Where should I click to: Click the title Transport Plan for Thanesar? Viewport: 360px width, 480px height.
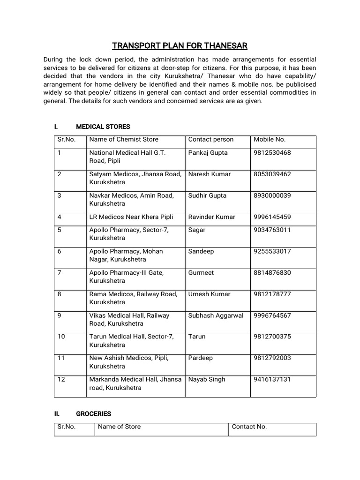click(x=180, y=45)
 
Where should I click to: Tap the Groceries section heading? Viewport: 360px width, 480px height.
click(x=93, y=414)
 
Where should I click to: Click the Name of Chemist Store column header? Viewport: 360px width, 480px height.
click(x=124, y=139)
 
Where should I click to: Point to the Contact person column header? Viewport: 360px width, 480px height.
click(x=210, y=139)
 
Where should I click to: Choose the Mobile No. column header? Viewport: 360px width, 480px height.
click(x=270, y=139)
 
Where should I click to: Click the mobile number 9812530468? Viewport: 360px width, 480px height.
click(x=272, y=153)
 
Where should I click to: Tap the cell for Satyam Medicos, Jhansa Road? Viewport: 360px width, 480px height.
click(x=135, y=178)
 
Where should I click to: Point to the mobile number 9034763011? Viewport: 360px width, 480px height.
click(x=272, y=230)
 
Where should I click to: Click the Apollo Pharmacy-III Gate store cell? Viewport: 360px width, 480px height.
click(x=127, y=277)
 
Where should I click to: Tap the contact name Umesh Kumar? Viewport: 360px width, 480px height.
click(x=209, y=294)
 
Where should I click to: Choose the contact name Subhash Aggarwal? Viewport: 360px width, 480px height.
click(x=216, y=315)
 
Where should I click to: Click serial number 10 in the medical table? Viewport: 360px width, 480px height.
click(x=61, y=337)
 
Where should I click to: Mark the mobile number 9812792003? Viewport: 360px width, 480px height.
click(x=272, y=358)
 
